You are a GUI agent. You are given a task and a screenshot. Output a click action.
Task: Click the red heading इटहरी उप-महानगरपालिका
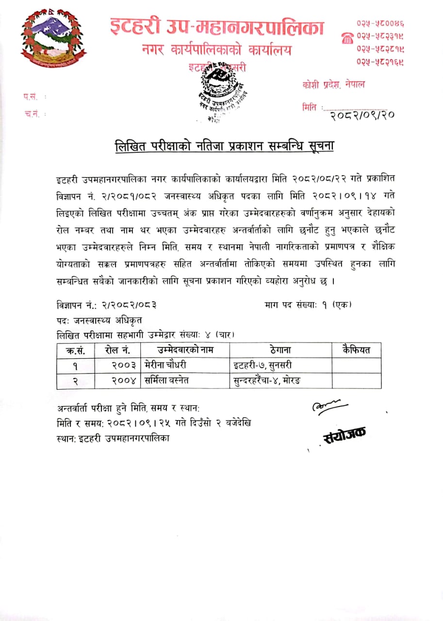[216, 27]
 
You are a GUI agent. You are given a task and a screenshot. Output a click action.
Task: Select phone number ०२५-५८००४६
[381, 23]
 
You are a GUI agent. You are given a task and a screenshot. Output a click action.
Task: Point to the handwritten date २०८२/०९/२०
[361, 114]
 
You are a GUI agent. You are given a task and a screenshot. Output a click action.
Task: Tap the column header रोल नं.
[116, 350]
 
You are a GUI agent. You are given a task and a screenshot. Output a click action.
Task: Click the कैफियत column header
[356, 350]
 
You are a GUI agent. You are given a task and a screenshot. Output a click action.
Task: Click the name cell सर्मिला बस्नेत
[167, 381]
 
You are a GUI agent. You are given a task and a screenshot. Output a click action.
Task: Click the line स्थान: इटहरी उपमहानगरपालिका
[113, 438]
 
